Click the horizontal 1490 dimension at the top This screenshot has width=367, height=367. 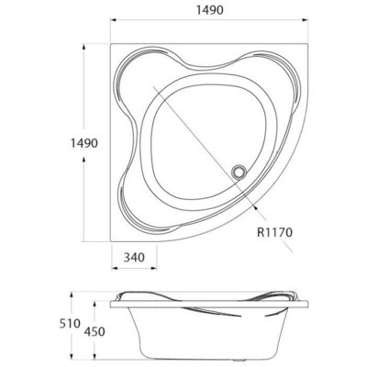pyautogui.click(x=209, y=10)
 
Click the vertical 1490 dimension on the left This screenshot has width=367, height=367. pyautogui.click(x=84, y=143)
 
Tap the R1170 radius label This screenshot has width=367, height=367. pyautogui.click(x=274, y=232)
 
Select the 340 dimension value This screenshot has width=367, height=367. pyautogui.click(x=134, y=257)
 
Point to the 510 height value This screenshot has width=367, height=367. pyautogui.click(x=70, y=323)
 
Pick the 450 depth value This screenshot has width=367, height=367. pyautogui.click(x=95, y=331)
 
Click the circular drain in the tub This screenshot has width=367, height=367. pyautogui.click(x=239, y=171)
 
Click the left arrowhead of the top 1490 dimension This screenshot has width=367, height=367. pyautogui.click(x=114, y=20)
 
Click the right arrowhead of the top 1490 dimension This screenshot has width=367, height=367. pyautogui.click(x=305, y=20)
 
